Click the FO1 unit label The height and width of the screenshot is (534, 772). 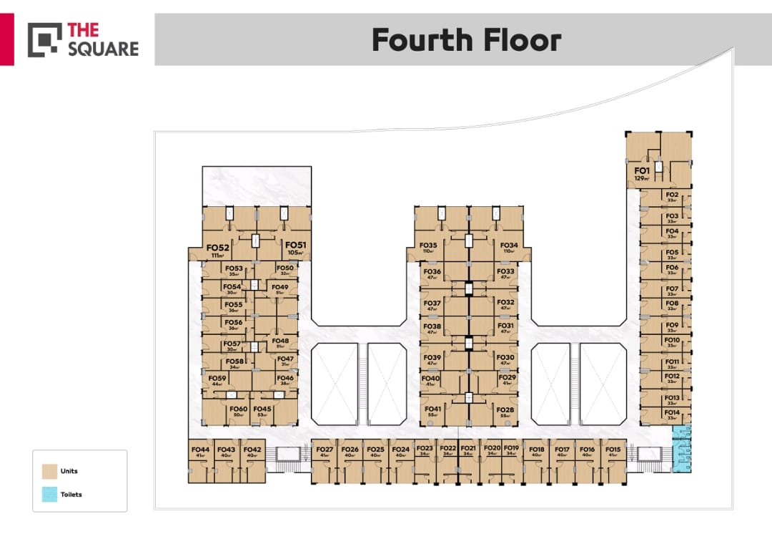(641, 171)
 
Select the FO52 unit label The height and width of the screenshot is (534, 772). (218, 248)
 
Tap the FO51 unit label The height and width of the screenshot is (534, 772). (295, 246)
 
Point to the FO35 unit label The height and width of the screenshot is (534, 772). (429, 246)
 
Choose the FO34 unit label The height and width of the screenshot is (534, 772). (509, 246)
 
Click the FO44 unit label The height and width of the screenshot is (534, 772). (200, 450)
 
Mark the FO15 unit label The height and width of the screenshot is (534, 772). (613, 450)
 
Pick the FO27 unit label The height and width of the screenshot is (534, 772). (325, 450)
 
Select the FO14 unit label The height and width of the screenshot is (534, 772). (672, 412)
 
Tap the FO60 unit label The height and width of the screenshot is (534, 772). (239, 409)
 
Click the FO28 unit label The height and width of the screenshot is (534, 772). (506, 409)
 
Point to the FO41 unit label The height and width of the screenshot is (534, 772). (433, 409)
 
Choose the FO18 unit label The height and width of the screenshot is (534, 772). (537, 450)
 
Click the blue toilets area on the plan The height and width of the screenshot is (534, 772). (683, 449)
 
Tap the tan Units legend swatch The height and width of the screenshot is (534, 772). (49, 471)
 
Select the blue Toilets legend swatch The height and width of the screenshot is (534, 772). (49, 494)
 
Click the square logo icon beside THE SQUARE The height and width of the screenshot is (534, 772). (44, 40)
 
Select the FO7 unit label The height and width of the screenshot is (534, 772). (672, 289)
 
